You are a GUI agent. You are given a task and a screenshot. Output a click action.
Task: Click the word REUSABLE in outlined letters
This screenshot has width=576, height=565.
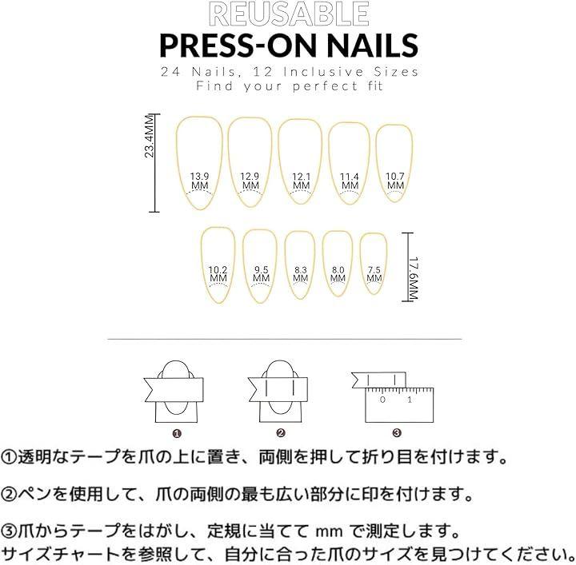tap(289, 14)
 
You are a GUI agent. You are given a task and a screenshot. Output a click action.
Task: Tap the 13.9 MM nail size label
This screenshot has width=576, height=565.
tap(199, 181)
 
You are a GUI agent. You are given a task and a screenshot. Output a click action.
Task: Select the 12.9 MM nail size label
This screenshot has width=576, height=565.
tap(250, 181)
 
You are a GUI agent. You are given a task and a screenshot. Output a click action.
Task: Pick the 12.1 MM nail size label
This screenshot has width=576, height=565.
tap(302, 181)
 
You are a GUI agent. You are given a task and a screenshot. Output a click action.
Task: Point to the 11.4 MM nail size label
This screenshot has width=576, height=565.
tap(350, 181)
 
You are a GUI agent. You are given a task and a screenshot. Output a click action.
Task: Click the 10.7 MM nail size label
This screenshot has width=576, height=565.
tap(395, 181)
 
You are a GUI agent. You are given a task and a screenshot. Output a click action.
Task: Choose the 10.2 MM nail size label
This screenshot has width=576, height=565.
tap(218, 273)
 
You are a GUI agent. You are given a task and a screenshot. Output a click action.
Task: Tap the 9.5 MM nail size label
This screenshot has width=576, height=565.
tap(261, 273)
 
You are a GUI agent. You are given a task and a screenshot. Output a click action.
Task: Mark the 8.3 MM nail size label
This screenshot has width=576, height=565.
tap(301, 274)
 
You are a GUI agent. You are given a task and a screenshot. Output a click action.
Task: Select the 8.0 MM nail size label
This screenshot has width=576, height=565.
tap(338, 274)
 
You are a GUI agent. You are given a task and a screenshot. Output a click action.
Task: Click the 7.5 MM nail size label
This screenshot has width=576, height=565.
tap(374, 274)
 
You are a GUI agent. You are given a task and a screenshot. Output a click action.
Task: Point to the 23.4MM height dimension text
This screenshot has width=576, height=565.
tap(149, 137)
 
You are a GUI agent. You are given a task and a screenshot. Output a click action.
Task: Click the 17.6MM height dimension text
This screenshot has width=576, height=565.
tap(414, 278)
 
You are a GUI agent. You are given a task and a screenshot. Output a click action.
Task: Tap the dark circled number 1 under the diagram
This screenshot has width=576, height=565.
tap(177, 434)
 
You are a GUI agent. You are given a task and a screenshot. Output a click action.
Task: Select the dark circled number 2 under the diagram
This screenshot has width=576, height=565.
tap(281, 433)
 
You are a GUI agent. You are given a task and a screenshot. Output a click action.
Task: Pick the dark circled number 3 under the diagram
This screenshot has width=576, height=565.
tap(397, 433)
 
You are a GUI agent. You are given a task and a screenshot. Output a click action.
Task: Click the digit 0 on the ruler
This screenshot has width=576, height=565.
tap(382, 399)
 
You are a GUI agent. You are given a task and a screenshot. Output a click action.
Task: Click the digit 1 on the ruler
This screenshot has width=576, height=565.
tap(410, 399)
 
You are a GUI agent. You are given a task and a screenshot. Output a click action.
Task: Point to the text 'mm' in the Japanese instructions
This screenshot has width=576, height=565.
tap(329, 531)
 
